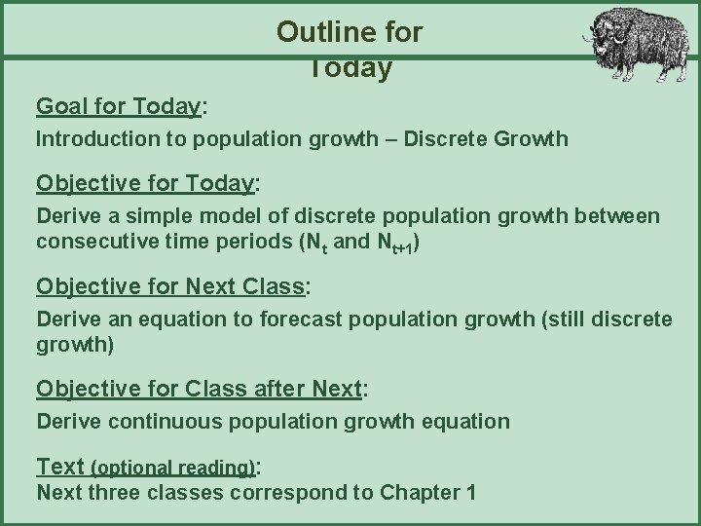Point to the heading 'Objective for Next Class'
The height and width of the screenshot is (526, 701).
171,286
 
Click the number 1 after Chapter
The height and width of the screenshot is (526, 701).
470,492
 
